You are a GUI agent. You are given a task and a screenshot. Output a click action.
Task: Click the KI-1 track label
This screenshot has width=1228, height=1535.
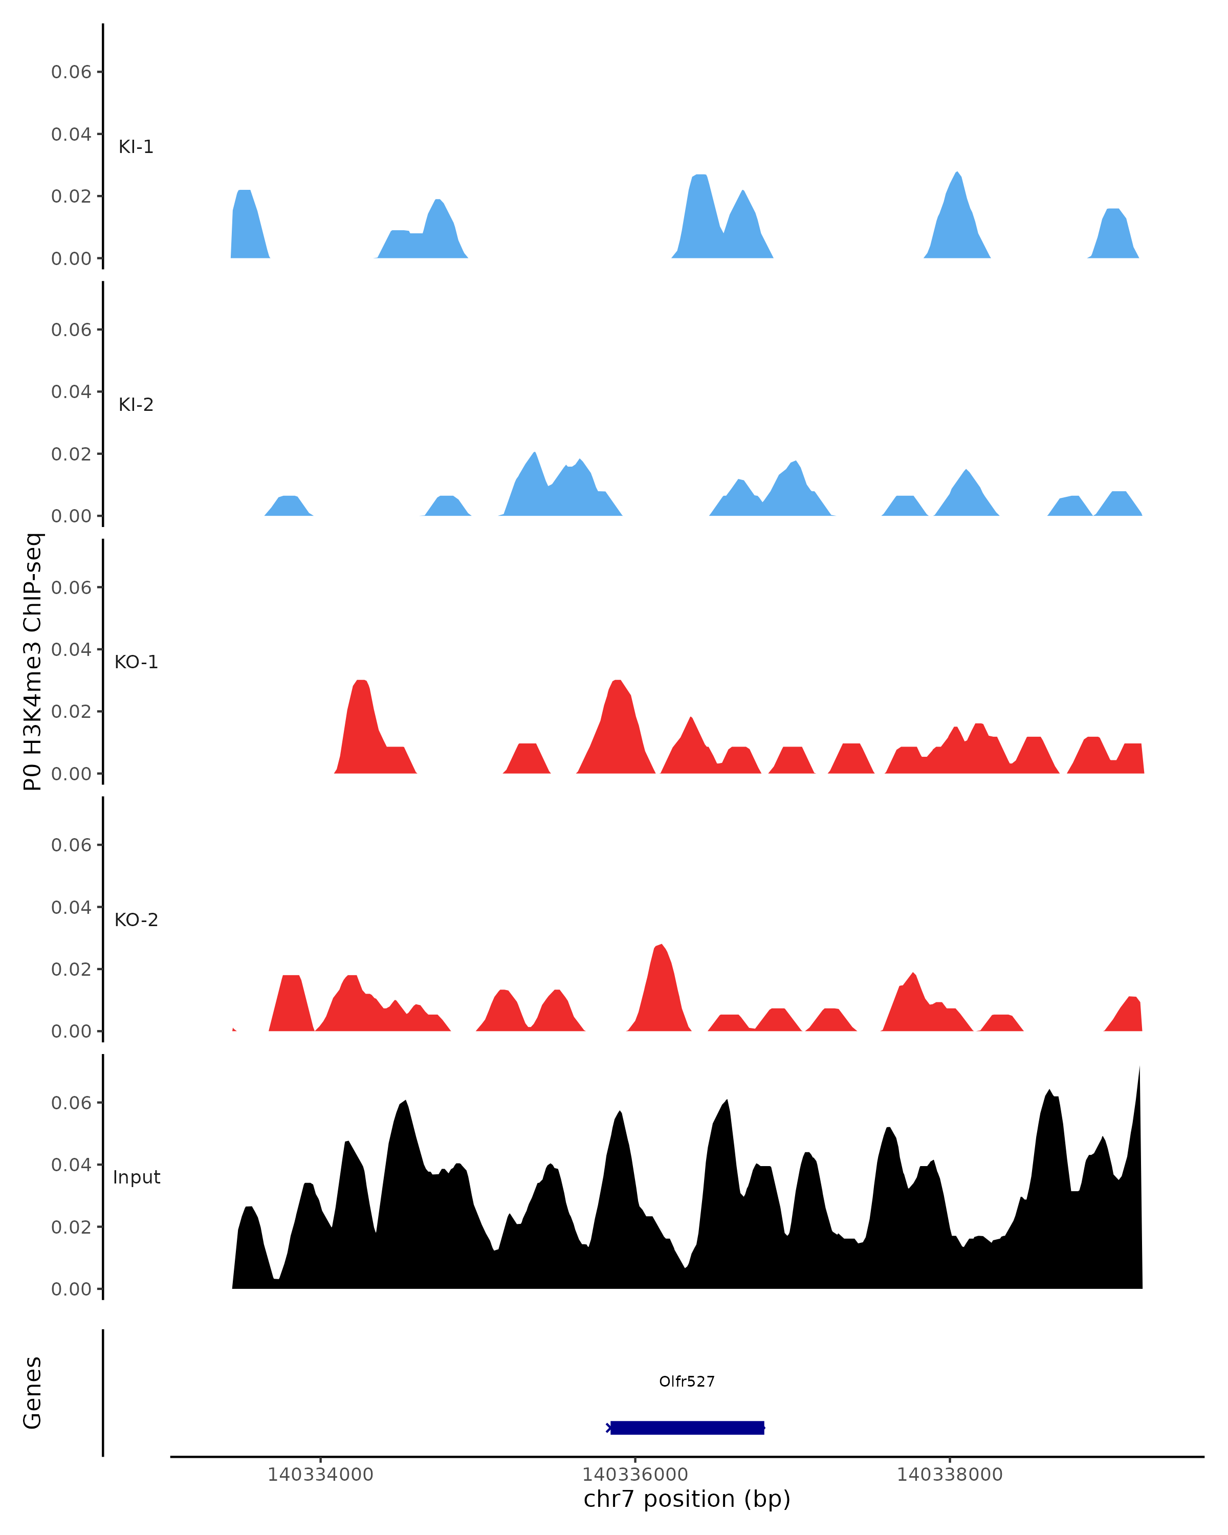click(x=135, y=147)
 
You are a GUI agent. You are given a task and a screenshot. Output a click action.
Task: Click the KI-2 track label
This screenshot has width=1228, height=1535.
click(x=135, y=404)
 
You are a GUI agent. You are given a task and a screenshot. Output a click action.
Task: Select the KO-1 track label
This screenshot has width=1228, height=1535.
click(x=136, y=662)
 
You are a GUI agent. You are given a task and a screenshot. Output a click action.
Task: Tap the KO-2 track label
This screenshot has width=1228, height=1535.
click(x=136, y=920)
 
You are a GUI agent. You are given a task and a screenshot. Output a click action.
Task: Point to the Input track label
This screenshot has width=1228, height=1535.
click(x=136, y=1177)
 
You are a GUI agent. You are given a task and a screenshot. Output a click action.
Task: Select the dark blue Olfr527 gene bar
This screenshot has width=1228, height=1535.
click(x=686, y=1428)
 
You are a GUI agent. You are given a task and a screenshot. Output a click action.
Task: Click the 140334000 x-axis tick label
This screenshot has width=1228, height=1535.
click(x=320, y=1475)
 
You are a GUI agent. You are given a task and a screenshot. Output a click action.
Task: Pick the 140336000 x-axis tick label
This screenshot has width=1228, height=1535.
click(x=634, y=1475)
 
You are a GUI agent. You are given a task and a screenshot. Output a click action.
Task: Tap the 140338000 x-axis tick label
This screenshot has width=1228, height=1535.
click(x=949, y=1475)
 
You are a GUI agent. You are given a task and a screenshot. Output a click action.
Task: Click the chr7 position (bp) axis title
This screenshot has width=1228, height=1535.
click(x=686, y=1499)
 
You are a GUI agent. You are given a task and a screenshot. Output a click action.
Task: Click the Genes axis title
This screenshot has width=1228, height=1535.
click(x=33, y=1393)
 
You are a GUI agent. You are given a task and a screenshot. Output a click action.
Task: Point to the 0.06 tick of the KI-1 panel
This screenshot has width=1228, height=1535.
click(x=71, y=72)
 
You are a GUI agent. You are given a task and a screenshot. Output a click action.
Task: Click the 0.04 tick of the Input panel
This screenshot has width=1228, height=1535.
click(x=71, y=1165)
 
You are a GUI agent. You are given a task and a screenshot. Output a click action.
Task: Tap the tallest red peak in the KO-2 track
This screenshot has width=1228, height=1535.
click(x=661, y=990)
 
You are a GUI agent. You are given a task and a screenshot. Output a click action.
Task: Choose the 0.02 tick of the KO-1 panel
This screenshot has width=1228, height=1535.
click(x=71, y=711)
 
